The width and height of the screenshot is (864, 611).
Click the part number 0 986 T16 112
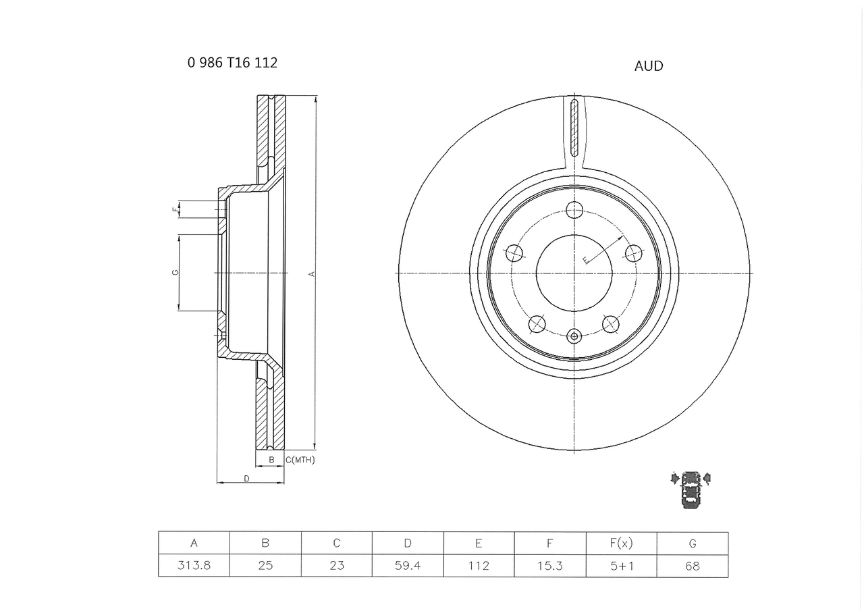pyautogui.click(x=232, y=63)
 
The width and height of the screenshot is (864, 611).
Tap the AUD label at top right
pyautogui.click(x=649, y=66)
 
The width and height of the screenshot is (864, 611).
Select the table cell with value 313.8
pyautogui.click(x=194, y=566)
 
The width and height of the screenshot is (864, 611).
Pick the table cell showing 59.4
pyautogui.click(x=408, y=566)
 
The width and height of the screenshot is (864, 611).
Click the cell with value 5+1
pyautogui.click(x=621, y=566)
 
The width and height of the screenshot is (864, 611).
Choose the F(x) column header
pyautogui.click(x=621, y=543)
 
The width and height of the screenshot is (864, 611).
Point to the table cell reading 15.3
pyautogui.click(x=550, y=566)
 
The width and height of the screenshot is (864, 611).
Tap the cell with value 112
pyautogui.click(x=479, y=566)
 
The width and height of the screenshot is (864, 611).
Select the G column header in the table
pyautogui.click(x=693, y=543)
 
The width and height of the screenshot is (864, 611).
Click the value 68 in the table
pyautogui.click(x=693, y=566)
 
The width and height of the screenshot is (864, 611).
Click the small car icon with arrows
pyautogui.click(x=691, y=489)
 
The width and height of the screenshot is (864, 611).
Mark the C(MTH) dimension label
pyautogui.click(x=300, y=460)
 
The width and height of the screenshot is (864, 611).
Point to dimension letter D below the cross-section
pyautogui.click(x=246, y=479)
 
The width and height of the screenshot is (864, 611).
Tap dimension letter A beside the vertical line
pyautogui.click(x=311, y=273)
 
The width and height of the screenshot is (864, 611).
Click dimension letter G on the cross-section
pyautogui.click(x=175, y=272)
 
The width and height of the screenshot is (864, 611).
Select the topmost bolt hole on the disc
pyautogui.click(x=574, y=210)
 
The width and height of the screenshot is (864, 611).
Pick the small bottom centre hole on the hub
pyautogui.click(x=574, y=336)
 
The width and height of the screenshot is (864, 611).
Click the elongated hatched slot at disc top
pyautogui.click(x=574, y=128)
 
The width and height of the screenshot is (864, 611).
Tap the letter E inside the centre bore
pyautogui.click(x=586, y=259)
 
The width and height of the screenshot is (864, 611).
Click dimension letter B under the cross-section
pyautogui.click(x=271, y=460)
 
